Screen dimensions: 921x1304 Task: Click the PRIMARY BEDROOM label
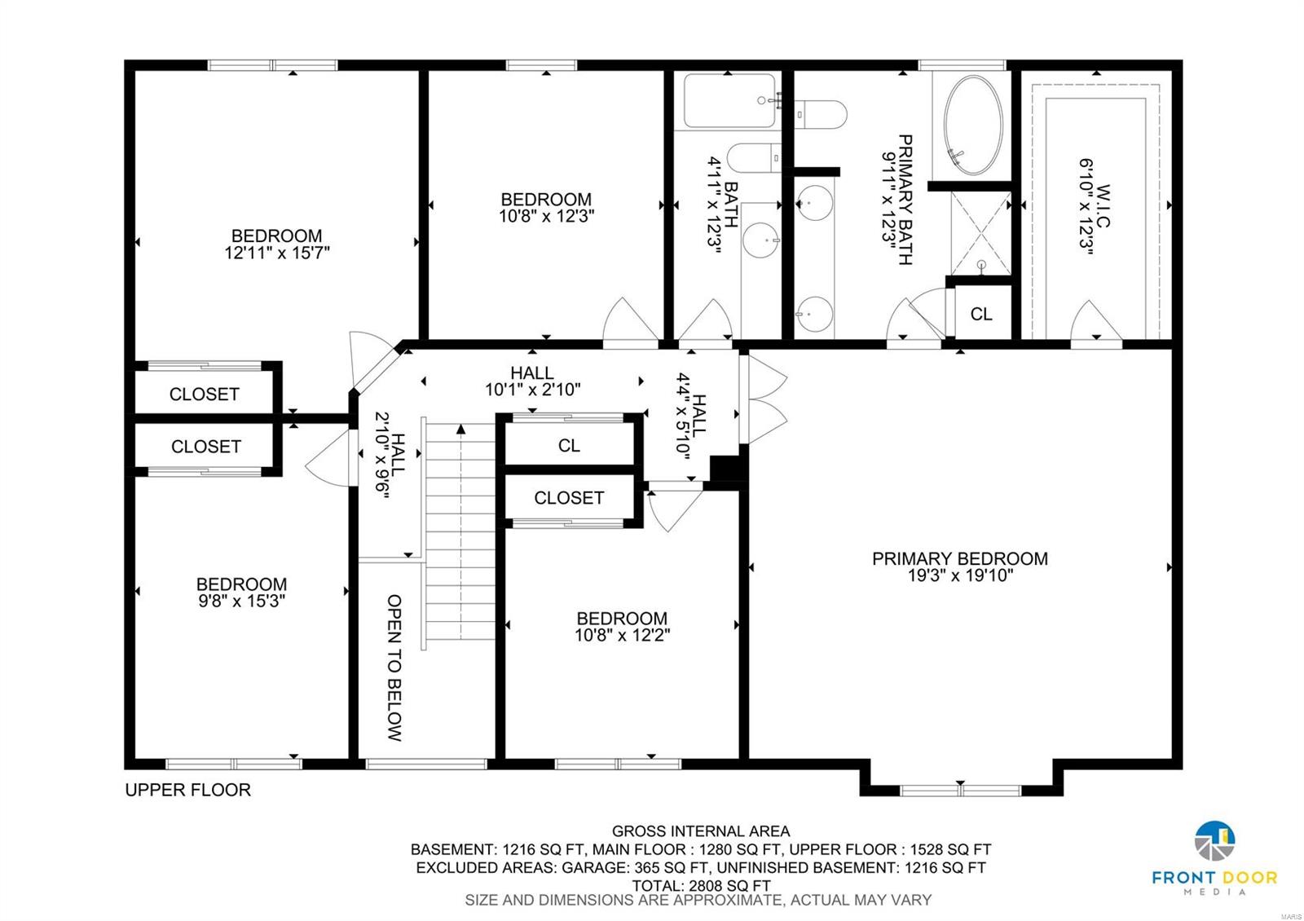[x=959, y=558]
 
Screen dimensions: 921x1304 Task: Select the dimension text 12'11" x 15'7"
[x=277, y=253]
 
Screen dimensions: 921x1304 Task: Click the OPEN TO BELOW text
[x=394, y=668]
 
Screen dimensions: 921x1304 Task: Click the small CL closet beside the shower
[x=981, y=314]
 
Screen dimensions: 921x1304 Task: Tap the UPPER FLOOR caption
[x=187, y=790]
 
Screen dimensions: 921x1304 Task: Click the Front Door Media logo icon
[x=1214, y=842]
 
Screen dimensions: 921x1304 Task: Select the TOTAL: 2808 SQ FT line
[x=701, y=885]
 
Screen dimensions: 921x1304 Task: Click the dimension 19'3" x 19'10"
[x=959, y=576]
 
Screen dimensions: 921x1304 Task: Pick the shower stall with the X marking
[x=980, y=231]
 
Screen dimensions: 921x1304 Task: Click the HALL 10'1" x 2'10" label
[x=532, y=381]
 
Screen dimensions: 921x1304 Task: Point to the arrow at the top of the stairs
[x=461, y=429]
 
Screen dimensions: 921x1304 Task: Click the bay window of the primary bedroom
[x=960, y=789]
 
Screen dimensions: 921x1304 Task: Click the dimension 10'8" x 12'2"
[x=622, y=636]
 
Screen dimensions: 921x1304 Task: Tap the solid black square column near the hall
[x=724, y=469]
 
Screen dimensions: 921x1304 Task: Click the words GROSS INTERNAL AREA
[x=701, y=831]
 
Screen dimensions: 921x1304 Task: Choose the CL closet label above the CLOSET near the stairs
[x=569, y=445]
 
